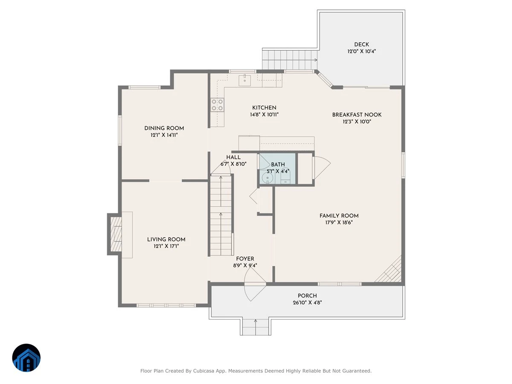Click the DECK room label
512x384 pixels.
coord(361,44)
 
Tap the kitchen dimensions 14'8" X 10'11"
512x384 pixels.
coord(264,115)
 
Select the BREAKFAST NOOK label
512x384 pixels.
coord(357,115)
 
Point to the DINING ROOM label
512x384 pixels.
coord(164,128)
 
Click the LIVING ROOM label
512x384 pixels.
coord(166,239)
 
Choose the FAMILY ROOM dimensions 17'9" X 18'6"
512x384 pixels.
coord(339,223)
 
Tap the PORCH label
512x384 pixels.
coord(307,296)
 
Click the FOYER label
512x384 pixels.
coord(245,259)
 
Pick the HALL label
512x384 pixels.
coord(233,157)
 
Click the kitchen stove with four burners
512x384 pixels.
coord(217,105)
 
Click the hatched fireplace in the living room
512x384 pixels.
coord(116,234)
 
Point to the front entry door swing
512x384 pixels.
coord(255,284)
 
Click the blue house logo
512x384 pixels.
coord(26,358)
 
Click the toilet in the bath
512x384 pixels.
coord(285,178)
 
